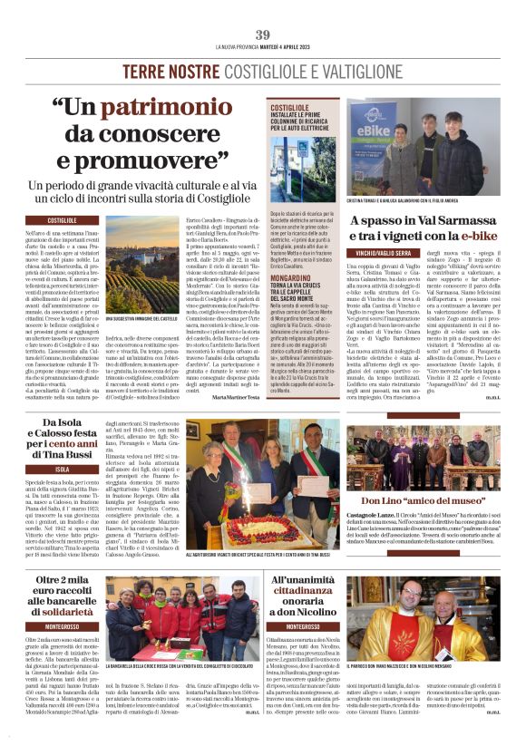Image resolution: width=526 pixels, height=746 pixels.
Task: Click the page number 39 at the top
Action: (263, 34)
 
